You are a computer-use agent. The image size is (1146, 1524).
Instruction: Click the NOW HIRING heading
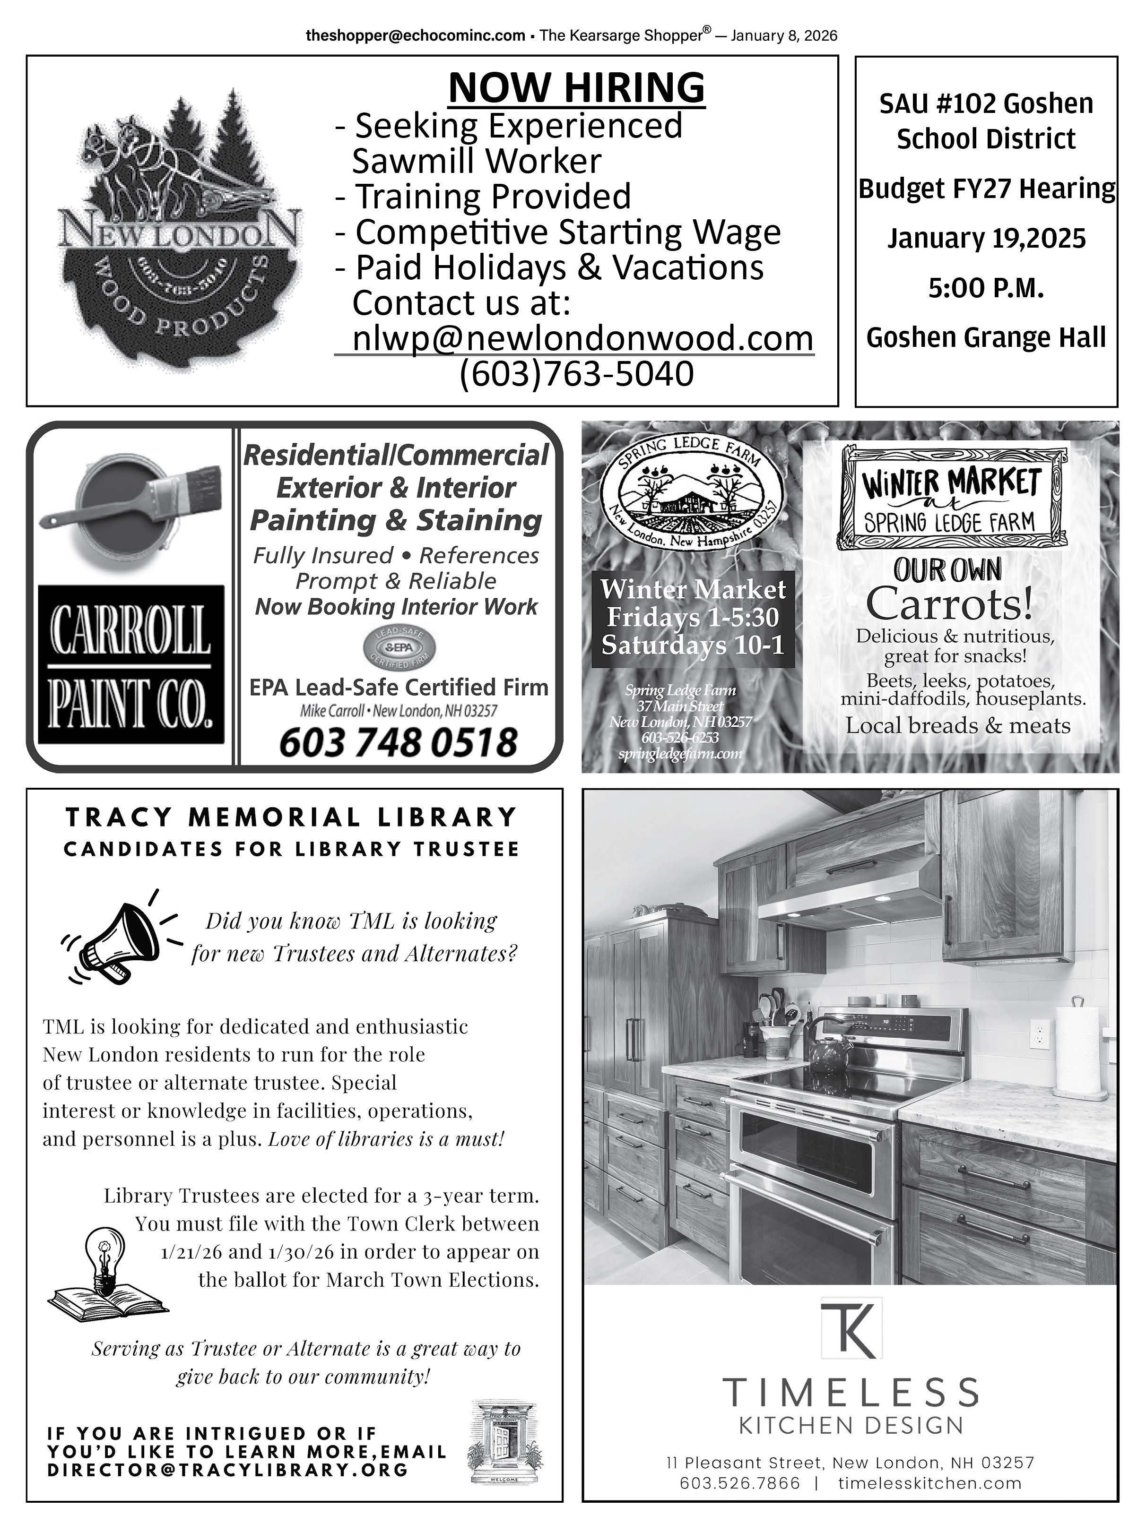(x=576, y=87)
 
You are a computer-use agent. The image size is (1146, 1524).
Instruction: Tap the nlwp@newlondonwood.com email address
(x=582, y=338)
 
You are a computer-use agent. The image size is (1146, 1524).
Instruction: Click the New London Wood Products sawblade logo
(x=181, y=234)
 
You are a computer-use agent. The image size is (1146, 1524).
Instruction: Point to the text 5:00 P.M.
(x=985, y=288)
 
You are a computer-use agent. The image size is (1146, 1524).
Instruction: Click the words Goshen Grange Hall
(x=985, y=337)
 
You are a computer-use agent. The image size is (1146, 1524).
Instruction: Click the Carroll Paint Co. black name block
(x=131, y=664)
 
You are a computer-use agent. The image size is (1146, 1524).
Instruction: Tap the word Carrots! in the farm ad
(x=949, y=604)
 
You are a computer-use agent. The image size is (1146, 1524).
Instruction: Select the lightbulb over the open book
(x=107, y=1265)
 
